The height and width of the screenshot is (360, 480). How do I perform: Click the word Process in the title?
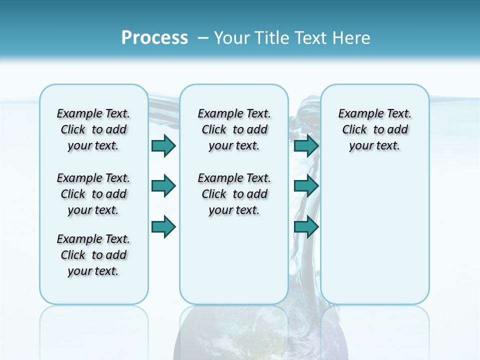pos(154,38)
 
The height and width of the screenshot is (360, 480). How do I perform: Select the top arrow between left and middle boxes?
pos(163,145)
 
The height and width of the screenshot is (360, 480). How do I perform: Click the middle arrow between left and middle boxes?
pos(163,186)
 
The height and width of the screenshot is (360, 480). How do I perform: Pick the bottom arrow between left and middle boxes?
pos(163,226)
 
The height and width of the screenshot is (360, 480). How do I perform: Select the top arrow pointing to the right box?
pos(306,145)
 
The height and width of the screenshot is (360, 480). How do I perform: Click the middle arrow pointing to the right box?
pos(306,186)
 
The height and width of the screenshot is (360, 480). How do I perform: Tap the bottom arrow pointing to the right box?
pos(306,226)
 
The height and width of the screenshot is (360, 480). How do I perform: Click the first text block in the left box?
pos(93,129)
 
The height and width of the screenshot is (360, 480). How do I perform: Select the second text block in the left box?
pos(93,194)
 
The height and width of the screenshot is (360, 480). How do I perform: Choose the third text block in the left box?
pos(93,255)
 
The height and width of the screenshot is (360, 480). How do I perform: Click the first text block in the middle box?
pos(234,129)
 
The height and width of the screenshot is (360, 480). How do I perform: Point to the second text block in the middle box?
pos(234,194)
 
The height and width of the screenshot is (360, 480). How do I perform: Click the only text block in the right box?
pos(375,129)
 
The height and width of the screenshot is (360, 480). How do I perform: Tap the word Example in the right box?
pos(357,114)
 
